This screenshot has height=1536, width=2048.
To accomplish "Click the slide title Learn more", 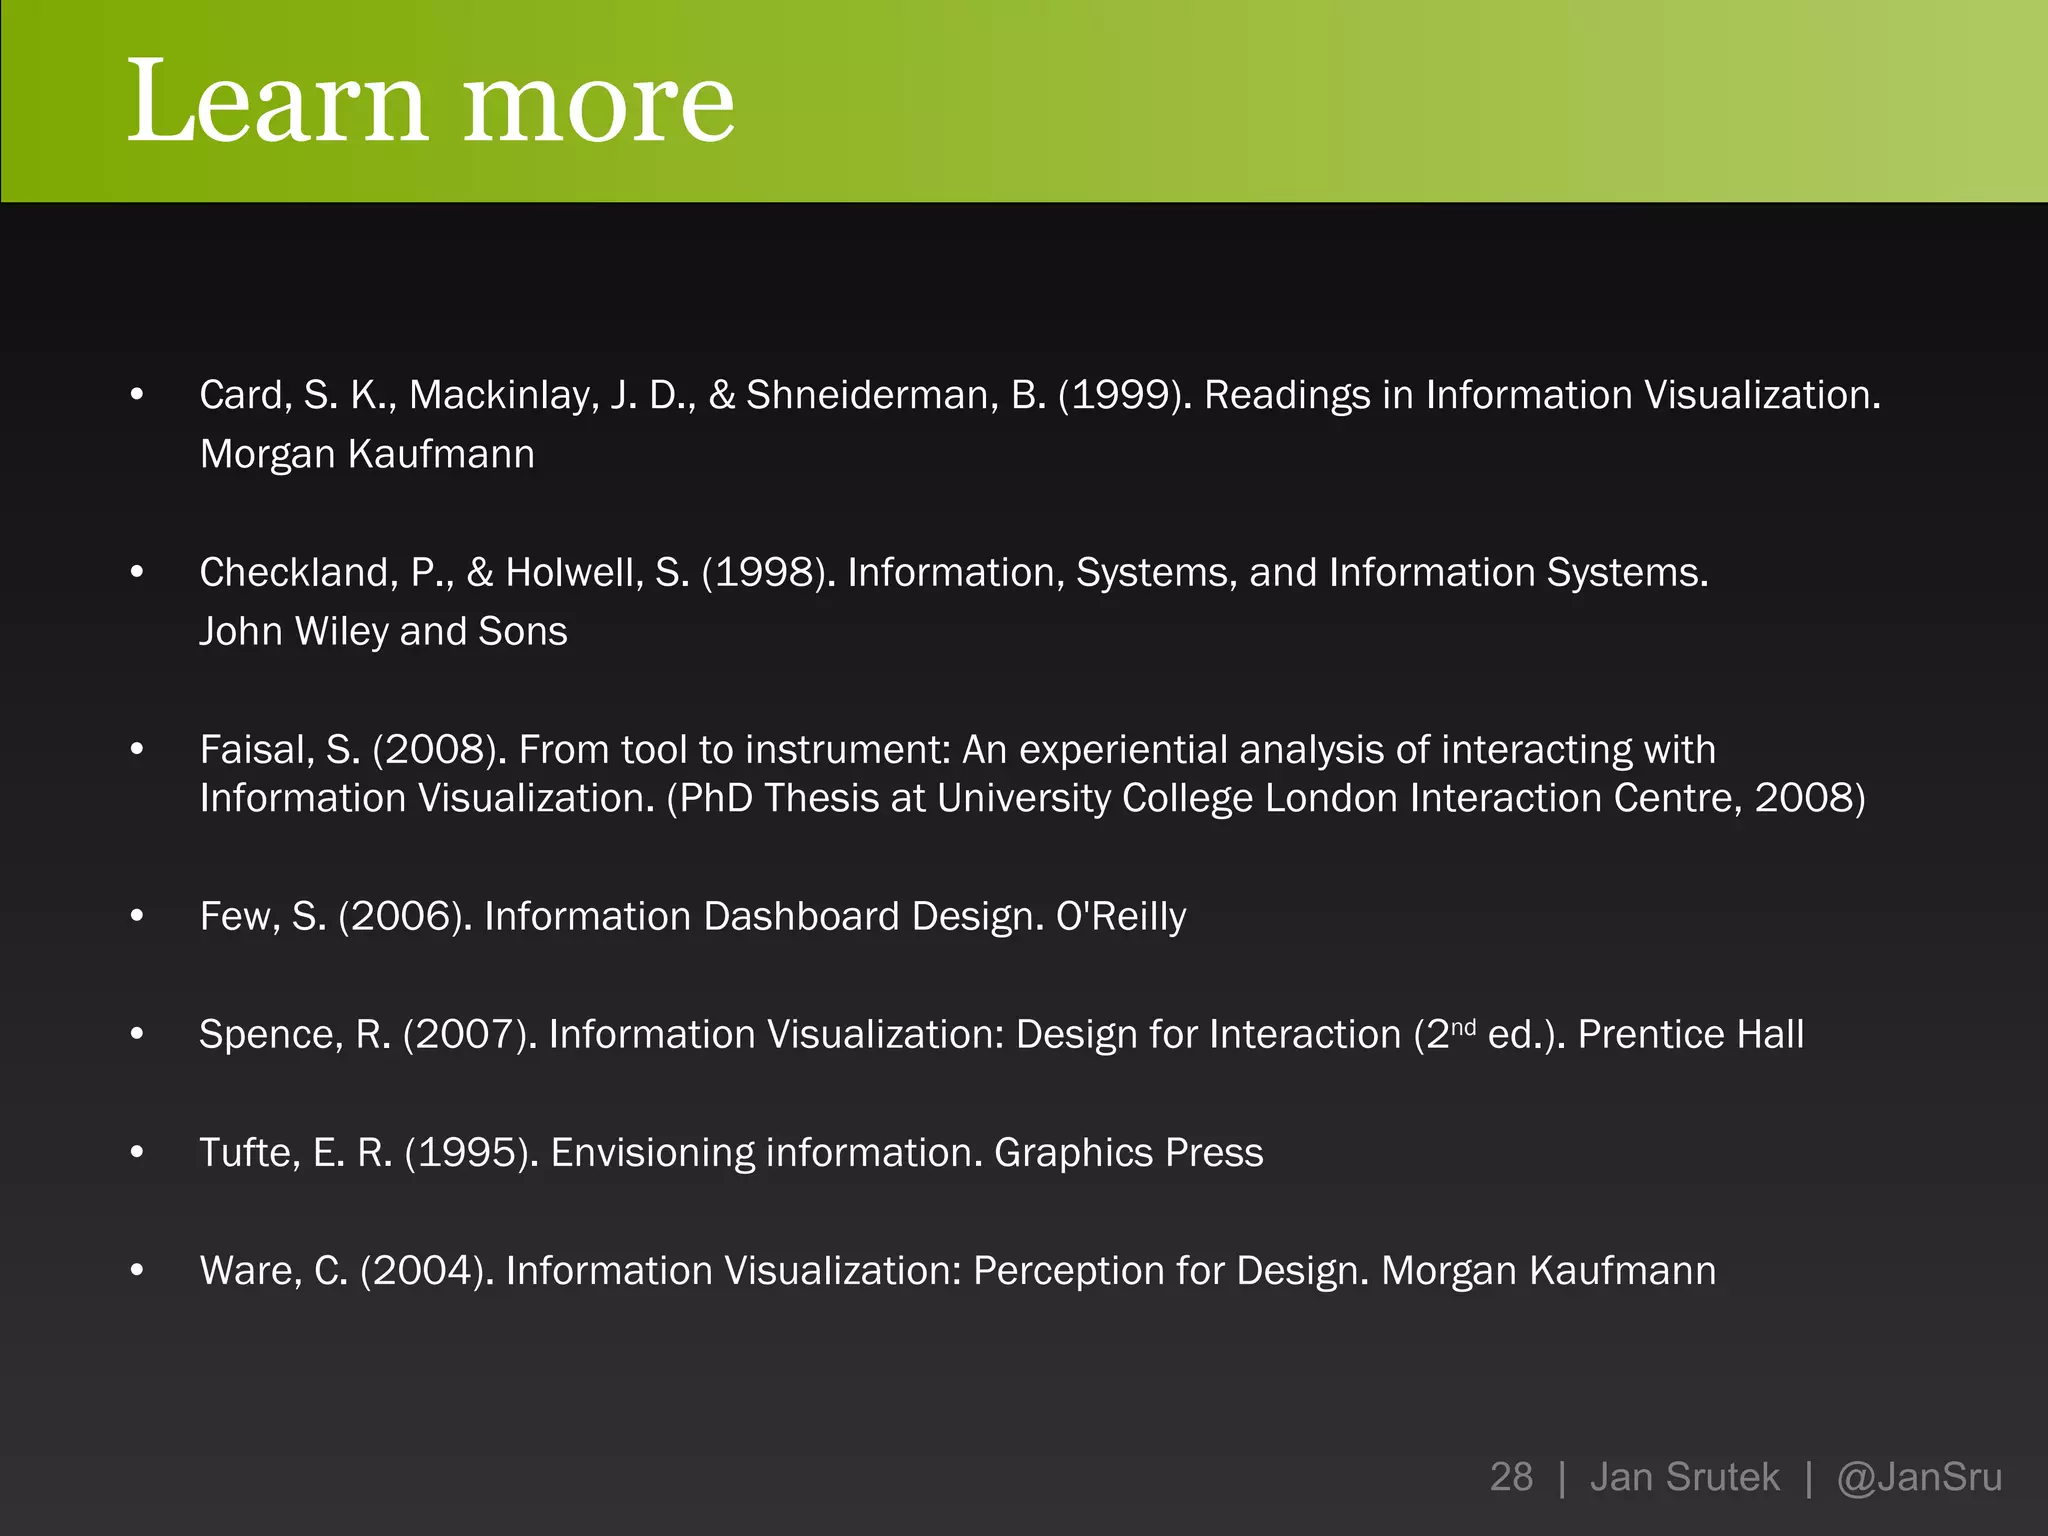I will click(430, 102).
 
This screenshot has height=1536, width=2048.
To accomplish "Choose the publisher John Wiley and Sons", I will click(383, 632).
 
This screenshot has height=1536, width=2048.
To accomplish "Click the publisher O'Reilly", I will click(1121, 917).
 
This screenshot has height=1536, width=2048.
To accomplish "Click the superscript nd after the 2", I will click(1463, 1025).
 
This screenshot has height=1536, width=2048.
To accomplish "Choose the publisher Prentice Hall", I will click(1691, 1035).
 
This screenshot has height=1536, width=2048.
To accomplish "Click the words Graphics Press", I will click(1128, 1153).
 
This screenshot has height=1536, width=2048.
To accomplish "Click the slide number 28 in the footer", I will click(1511, 1477).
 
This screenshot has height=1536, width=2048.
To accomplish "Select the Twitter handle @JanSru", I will click(1919, 1477).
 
